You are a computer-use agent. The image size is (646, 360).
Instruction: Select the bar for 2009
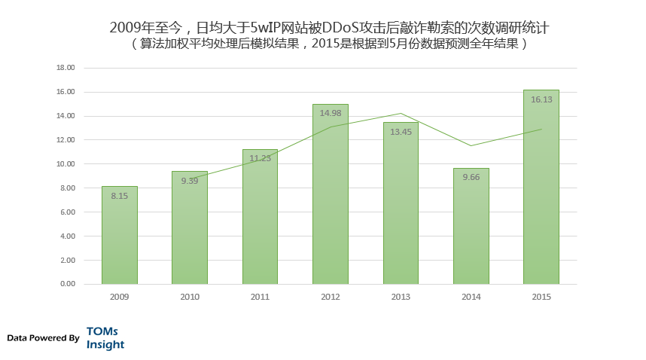coord(120,235)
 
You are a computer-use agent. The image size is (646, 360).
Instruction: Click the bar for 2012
coord(331,194)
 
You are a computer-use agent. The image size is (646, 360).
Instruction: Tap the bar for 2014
coord(471,226)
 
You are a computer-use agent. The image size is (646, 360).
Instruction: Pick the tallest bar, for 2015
coord(541,187)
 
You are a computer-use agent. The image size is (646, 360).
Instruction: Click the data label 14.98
coord(331,113)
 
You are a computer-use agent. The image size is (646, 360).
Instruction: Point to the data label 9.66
coord(471,177)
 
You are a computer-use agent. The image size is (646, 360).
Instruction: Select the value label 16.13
coord(541,99)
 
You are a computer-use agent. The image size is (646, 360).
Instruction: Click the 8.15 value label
coord(120,196)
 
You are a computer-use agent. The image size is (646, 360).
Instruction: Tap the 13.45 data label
coord(401,132)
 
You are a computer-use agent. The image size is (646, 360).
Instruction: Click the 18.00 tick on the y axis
coord(66,68)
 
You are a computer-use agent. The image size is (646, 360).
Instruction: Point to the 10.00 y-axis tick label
coord(66,164)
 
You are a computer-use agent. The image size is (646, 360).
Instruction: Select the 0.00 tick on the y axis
coord(68,284)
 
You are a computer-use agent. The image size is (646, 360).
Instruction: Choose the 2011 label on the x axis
coord(260,297)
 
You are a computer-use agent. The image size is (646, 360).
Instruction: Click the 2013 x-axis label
coord(401,297)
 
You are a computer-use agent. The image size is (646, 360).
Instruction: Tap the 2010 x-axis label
coord(190,297)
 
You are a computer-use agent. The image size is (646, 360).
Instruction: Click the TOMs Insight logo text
coord(105,338)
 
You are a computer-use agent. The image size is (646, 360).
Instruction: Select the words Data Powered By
coord(43,338)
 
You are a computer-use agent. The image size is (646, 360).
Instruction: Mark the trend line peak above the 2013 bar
coord(401,113)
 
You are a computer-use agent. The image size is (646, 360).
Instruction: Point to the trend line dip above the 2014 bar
coord(471,146)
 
